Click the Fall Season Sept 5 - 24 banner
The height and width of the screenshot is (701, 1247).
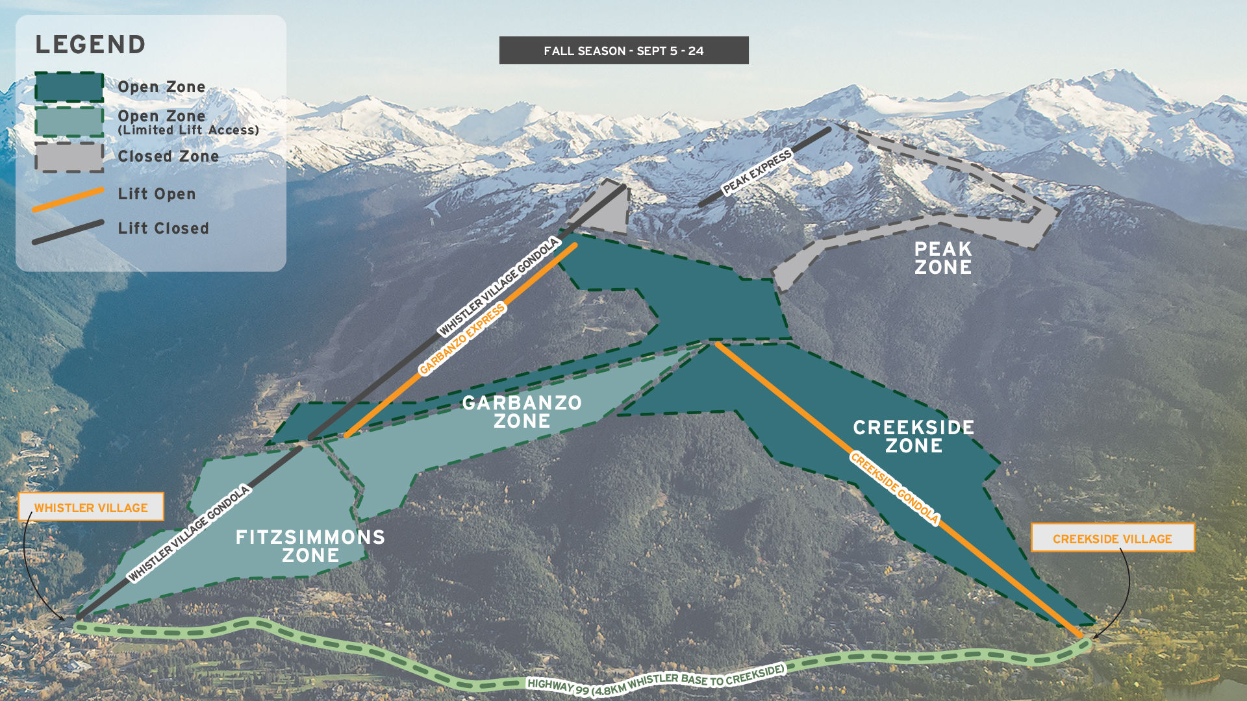(623, 51)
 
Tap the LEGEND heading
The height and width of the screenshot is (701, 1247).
(90, 45)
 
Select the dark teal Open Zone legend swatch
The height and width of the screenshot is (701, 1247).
(69, 87)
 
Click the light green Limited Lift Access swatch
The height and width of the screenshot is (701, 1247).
(69, 121)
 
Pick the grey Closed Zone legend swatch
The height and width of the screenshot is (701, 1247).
(69, 157)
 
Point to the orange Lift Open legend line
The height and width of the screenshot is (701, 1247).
(68, 199)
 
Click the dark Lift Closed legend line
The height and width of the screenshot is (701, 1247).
(68, 232)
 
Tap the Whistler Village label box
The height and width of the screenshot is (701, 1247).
(91, 507)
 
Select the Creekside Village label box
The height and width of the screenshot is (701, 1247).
(1112, 538)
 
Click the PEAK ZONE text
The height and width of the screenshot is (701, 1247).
(943, 258)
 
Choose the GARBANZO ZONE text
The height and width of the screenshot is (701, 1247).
(522, 412)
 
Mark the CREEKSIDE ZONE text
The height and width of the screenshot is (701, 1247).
(913, 436)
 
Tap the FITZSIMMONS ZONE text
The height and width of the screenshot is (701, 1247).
(310, 546)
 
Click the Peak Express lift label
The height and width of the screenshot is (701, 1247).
(757, 172)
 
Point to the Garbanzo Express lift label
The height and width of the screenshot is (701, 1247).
(462, 339)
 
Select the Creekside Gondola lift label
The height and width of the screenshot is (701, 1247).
(894, 488)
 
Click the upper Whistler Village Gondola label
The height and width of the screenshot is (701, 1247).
(499, 286)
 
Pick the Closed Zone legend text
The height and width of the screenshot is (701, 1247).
(168, 156)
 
